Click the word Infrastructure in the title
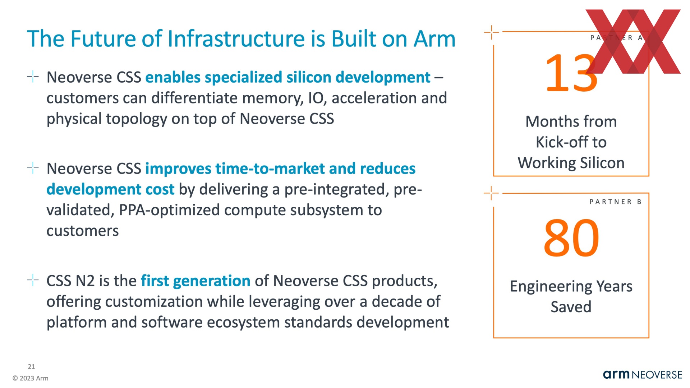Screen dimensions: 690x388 pyautogui.click(x=236, y=39)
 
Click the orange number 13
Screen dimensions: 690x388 pyautogui.click(x=571, y=73)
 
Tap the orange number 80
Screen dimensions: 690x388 pyautogui.click(x=571, y=238)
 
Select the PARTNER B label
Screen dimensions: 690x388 pyautogui.click(x=615, y=202)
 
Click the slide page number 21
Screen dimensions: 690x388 pyautogui.click(x=31, y=366)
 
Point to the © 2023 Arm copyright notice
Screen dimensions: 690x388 pyautogui.click(x=30, y=378)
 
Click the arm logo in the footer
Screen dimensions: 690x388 pyautogui.click(x=616, y=374)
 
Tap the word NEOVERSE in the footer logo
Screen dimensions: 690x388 pyautogui.click(x=657, y=375)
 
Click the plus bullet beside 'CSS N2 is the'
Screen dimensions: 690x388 pyautogui.click(x=33, y=280)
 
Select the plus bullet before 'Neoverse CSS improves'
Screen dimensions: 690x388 pyautogui.click(x=33, y=168)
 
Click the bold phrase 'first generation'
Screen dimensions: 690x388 pyautogui.click(x=195, y=281)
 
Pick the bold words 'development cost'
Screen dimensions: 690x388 pyautogui.click(x=110, y=189)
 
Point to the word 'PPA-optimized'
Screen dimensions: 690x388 pyautogui.click(x=169, y=210)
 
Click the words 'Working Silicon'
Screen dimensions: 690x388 pyautogui.click(x=571, y=163)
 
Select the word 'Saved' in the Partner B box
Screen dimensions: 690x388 pyautogui.click(x=571, y=307)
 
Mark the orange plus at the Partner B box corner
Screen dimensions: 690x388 pyautogui.click(x=491, y=193)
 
